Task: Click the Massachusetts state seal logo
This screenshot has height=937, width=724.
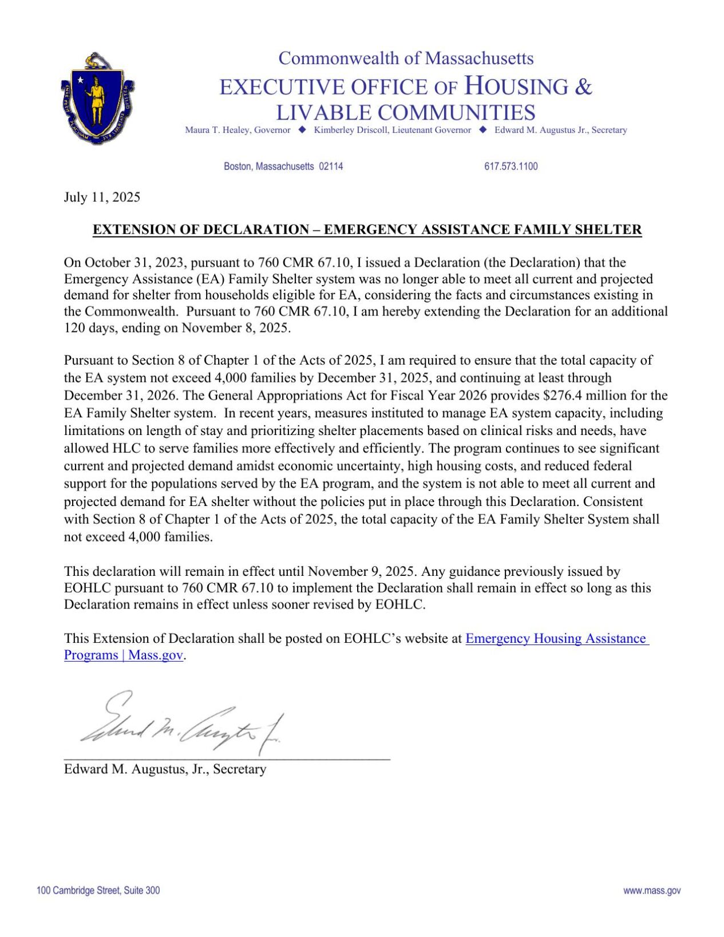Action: pos(97,98)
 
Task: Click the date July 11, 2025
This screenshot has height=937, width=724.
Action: pos(102,197)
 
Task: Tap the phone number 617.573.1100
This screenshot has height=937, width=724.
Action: pos(511,167)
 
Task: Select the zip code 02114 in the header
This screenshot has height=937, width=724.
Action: pos(331,167)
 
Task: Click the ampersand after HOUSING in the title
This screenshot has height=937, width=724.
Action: pos(583,87)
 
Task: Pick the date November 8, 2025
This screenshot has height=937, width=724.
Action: pos(236,328)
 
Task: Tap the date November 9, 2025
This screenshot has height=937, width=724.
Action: pos(362,571)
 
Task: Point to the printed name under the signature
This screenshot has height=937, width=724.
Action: pos(165,769)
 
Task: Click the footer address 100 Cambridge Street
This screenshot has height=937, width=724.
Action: pos(98,891)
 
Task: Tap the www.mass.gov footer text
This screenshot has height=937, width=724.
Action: pos(651,891)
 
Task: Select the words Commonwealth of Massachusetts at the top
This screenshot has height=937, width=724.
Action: pos(406,58)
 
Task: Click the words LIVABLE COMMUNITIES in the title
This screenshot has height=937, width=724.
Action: pos(406,112)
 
